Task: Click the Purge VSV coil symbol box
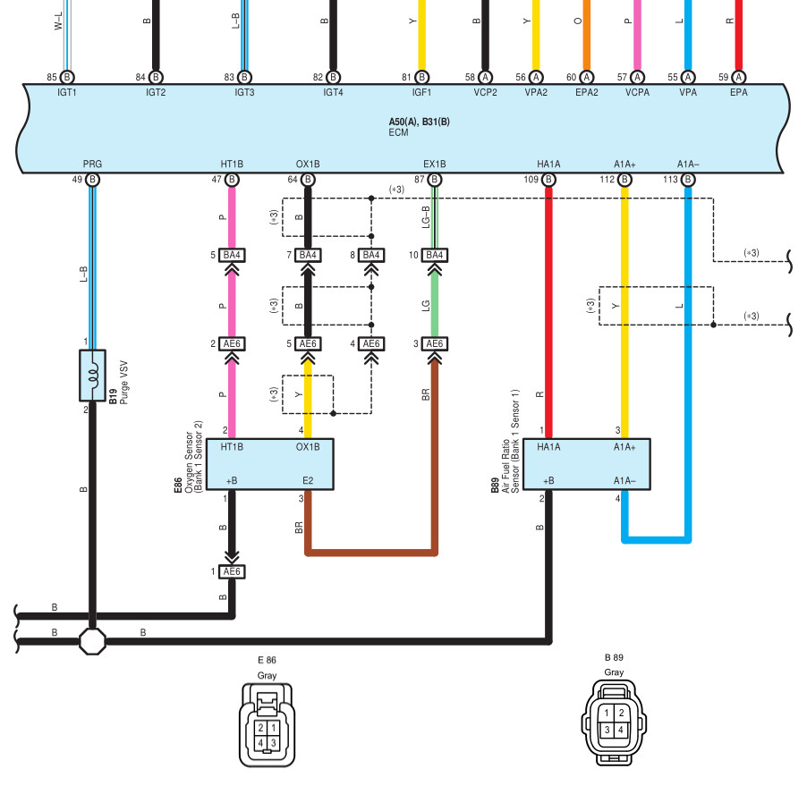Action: click(x=93, y=376)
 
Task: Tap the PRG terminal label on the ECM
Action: click(x=92, y=164)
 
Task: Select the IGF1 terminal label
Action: click(x=421, y=91)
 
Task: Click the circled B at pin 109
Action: click(x=548, y=180)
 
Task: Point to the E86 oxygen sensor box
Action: click(x=269, y=463)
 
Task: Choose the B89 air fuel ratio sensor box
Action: click(x=586, y=463)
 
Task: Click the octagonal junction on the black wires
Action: click(x=93, y=641)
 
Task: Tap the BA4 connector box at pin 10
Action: click(x=435, y=255)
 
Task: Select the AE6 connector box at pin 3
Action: click(x=435, y=343)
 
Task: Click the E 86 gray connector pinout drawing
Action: click(x=266, y=723)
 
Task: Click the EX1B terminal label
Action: click(x=435, y=164)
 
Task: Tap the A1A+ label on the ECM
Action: click(x=624, y=164)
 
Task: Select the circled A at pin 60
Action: click(x=586, y=77)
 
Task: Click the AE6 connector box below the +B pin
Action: click(x=232, y=571)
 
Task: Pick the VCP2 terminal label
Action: click(x=485, y=91)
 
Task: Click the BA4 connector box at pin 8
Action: click(x=370, y=255)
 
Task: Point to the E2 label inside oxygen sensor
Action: click(x=308, y=480)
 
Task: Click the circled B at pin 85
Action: click(x=66, y=77)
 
